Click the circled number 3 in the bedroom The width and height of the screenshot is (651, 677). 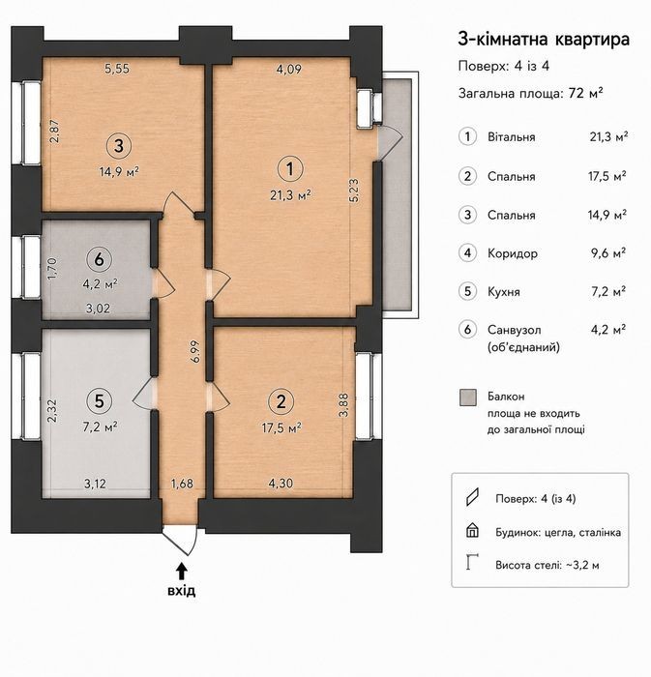(x=119, y=146)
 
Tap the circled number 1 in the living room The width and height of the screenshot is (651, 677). (x=289, y=169)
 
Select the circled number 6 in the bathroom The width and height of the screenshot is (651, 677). (x=100, y=259)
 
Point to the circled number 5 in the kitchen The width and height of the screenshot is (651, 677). (x=100, y=401)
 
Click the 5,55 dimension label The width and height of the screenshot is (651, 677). (x=117, y=69)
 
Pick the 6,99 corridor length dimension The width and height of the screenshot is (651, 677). (x=195, y=351)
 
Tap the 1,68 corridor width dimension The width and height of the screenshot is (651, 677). (x=182, y=484)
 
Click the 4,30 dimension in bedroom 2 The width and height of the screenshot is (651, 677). (x=281, y=484)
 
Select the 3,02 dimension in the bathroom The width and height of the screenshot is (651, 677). (x=98, y=309)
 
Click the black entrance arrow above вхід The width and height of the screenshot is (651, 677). (x=182, y=571)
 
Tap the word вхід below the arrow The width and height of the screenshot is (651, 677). (x=182, y=590)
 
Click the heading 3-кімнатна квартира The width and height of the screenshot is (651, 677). (x=544, y=40)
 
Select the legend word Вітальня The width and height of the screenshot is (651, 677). (x=512, y=137)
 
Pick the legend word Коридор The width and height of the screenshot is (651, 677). (x=513, y=253)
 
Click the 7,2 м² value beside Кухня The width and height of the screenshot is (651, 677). (x=608, y=291)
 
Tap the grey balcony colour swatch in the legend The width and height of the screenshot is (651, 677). (x=468, y=397)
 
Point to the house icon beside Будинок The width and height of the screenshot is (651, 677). (x=473, y=530)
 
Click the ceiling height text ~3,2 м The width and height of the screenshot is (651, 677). (x=582, y=565)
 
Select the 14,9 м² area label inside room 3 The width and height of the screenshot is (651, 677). (x=119, y=172)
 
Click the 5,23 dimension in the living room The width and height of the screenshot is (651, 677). (x=354, y=191)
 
